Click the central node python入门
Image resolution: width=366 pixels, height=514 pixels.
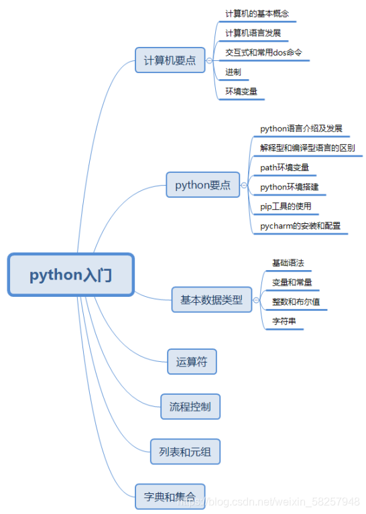(x=71, y=275)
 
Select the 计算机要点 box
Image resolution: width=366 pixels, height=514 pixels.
(x=170, y=60)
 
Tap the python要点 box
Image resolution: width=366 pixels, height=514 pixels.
(x=202, y=185)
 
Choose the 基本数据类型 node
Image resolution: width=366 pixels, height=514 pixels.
(x=211, y=300)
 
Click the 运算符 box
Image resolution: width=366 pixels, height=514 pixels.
(x=192, y=362)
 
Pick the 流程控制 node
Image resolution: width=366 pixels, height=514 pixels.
(x=190, y=406)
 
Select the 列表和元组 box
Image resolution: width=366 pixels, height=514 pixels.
(x=185, y=452)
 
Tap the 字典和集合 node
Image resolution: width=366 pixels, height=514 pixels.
(x=170, y=497)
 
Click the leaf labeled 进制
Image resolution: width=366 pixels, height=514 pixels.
(x=233, y=72)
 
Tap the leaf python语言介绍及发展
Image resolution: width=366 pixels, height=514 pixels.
(x=301, y=127)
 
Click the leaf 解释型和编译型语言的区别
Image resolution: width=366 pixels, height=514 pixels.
(x=307, y=147)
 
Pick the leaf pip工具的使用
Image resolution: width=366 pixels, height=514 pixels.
(x=286, y=206)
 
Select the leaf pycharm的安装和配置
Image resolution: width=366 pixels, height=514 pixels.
(x=300, y=226)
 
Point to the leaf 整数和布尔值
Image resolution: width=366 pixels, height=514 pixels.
(x=296, y=302)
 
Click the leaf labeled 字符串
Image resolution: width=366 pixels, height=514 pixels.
(x=284, y=322)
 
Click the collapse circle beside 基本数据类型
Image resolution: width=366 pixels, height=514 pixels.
(x=256, y=300)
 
